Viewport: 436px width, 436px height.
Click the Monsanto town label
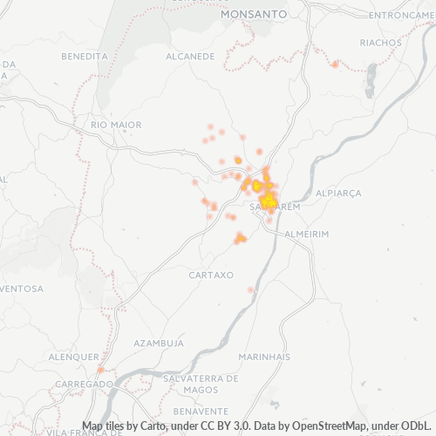pyautogui.click(x=254, y=15)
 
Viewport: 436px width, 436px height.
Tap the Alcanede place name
pyautogui.click(x=190, y=56)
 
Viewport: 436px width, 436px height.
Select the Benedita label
pyautogui.click(x=85, y=56)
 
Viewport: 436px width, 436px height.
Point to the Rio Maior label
pyautogui.click(x=115, y=126)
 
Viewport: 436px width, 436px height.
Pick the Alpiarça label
pyautogui.click(x=337, y=192)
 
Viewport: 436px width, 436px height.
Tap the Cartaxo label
pyautogui.click(x=211, y=275)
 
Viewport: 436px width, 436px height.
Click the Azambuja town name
pyautogui.click(x=158, y=344)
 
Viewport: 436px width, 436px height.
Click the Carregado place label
pyautogui.click(x=84, y=384)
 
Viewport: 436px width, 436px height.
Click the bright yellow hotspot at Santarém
pyautogui.click(x=269, y=201)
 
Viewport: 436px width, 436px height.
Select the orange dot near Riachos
pyautogui.click(x=335, y=64)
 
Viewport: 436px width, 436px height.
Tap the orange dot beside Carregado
pyautogui.click(x=100, y=370)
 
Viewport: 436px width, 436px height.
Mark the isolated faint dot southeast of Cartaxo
pyautogui.click(x=251, y=290)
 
